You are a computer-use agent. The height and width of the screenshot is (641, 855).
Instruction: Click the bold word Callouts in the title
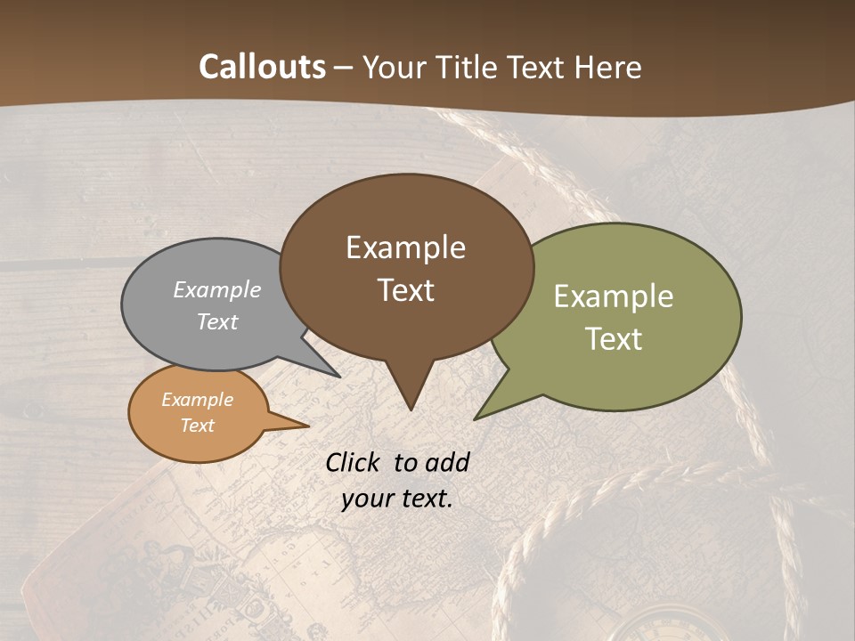click(x=262, y=67)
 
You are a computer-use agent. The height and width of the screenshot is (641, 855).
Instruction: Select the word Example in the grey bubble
click(x=217, y=289)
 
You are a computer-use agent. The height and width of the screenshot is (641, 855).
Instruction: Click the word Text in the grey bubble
click(x=217, y=321)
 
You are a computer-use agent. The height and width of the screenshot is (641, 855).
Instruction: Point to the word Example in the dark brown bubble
click(x=405, y=247)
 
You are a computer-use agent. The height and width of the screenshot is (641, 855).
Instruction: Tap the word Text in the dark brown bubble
click(x=405, y=290)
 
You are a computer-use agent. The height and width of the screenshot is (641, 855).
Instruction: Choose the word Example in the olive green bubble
click(x=614, y=296)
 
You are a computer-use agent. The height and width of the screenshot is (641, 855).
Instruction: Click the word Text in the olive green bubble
click(x=614, y=339)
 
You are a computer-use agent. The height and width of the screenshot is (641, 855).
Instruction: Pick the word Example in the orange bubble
click(x=197, y=400)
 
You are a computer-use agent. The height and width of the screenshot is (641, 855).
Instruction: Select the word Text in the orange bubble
click(x=197, y=426)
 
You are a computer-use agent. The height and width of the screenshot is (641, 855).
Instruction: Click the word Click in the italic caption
click(x=354, y=462)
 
